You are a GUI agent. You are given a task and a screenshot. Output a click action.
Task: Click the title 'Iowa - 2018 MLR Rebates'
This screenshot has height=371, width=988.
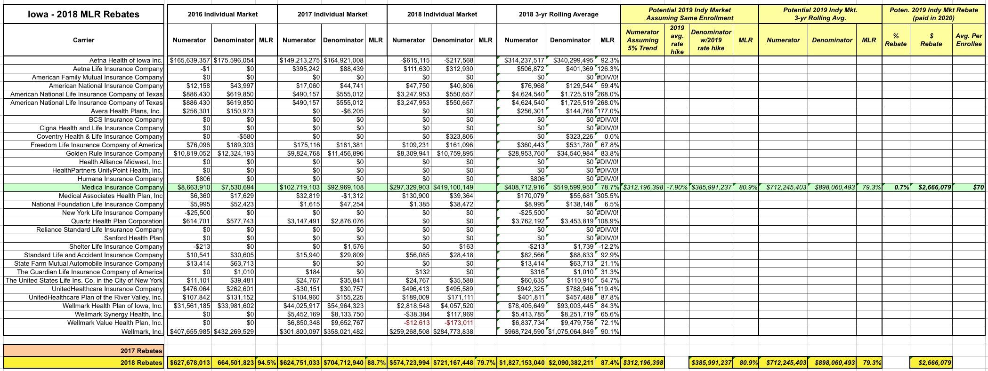coord(83,14)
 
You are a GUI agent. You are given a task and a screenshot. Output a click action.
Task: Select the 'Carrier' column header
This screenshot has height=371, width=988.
coord(83,40)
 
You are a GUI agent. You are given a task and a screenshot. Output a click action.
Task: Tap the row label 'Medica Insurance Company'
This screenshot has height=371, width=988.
coord(122,187)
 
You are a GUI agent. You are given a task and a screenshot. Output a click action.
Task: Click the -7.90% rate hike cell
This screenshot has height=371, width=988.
coord(677,187)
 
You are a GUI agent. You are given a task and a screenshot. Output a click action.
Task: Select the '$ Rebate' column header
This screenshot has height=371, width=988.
coord(931,40)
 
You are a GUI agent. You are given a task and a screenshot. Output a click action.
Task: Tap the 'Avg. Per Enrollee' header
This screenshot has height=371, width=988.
coord(969,40)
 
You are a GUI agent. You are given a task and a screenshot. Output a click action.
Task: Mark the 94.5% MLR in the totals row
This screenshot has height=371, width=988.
coord(267,363)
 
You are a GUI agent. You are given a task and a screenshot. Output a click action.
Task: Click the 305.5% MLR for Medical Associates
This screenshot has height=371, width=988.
coord(608,196)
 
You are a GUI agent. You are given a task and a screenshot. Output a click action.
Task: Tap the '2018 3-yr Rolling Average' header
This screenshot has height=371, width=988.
coord(559,14)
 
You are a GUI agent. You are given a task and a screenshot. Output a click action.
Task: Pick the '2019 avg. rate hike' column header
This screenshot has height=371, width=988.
coord(677,40)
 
